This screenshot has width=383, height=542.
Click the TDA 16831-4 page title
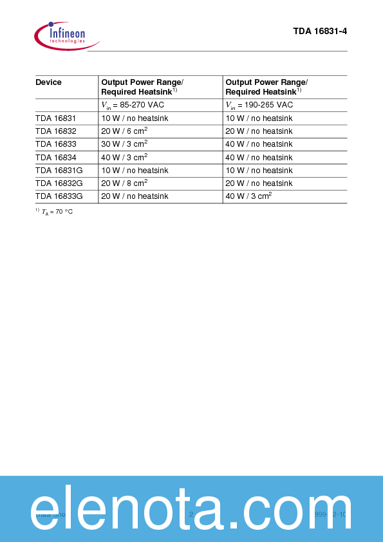320,31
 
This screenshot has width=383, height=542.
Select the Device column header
48,82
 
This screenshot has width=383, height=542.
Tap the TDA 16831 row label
55,118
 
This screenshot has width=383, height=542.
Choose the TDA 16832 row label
55,131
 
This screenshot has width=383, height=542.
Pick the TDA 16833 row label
55,144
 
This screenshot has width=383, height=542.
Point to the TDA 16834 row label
55,157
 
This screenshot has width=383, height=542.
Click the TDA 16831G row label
58,171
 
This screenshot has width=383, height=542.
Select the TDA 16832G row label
58,183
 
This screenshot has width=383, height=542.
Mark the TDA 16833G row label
58,196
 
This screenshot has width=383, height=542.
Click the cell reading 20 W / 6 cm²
124,131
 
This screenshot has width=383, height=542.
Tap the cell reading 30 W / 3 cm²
124,144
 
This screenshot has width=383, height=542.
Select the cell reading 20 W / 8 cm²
124,183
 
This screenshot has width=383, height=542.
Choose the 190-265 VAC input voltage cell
259,105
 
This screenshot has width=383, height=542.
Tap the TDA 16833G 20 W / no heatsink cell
135,196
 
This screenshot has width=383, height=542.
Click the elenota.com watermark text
191,509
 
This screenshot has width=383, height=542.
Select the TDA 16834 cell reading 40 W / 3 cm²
124,157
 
